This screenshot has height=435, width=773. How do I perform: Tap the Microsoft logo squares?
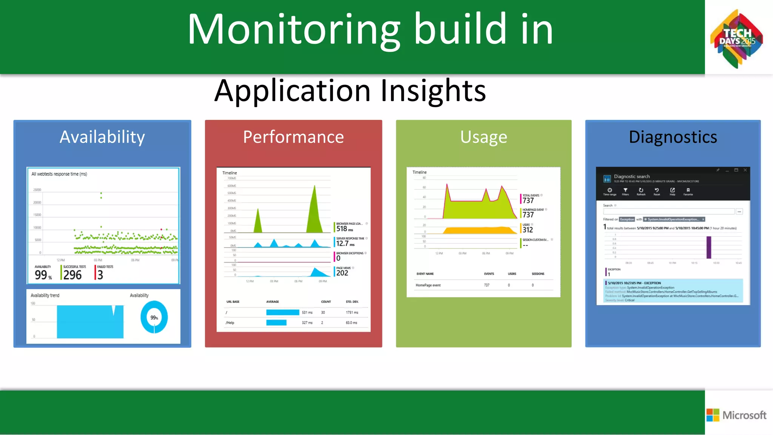(713, 415)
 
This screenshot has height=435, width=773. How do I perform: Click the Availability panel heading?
(102, 137)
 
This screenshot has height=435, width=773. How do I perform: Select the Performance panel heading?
(293, 137)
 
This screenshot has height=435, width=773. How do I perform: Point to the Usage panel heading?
(484, 137)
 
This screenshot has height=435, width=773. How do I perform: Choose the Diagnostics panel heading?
(673, 137)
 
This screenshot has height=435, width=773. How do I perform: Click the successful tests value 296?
(72, 275)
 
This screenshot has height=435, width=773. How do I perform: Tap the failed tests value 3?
(100, 275)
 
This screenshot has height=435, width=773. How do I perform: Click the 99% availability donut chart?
(154, 317)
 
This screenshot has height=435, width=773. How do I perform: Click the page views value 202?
(342, 273)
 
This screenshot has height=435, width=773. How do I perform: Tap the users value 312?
(527, 230)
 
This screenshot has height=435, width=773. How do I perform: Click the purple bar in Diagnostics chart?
(708, 247)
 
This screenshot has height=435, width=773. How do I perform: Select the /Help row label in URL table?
(230, 323)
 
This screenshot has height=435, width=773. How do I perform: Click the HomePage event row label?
(428, 285)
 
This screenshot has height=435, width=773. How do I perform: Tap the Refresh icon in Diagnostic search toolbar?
(641, 191)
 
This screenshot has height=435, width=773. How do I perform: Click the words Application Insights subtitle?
(350, 91)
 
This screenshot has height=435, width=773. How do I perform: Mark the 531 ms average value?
(307, 312)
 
